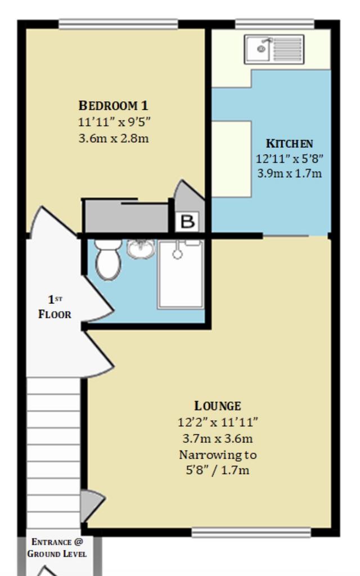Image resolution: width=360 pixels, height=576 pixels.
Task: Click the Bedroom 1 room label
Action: (114, 105)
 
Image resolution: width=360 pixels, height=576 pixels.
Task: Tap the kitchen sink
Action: (274, 49)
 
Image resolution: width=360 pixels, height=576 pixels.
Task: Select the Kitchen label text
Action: (290, 143)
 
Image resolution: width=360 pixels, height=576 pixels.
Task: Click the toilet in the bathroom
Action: (108, 259)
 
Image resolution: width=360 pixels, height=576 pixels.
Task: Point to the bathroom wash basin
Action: (141, 248)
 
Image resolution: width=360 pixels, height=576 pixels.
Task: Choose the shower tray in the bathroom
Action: (181, 274)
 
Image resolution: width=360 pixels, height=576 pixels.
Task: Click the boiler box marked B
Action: (187, 222)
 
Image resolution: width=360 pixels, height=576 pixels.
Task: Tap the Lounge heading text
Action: (218, 406)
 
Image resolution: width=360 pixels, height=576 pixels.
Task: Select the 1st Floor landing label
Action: (55, 307)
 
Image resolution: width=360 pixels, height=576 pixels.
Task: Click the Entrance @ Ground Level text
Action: (57, 548)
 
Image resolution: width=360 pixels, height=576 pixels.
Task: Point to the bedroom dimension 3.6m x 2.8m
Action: (114, 138)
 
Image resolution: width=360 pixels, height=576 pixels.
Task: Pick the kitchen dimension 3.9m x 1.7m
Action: (290, 173)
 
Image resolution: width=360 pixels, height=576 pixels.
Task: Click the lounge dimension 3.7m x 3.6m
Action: (218, 438)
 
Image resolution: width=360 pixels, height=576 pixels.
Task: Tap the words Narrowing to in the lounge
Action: (218, 454)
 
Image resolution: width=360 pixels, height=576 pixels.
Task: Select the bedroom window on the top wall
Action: (118, 24)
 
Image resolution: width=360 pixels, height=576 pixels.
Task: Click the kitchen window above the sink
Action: (274, 24)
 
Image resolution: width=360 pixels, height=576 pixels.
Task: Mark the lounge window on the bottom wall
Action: (251, 533)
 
